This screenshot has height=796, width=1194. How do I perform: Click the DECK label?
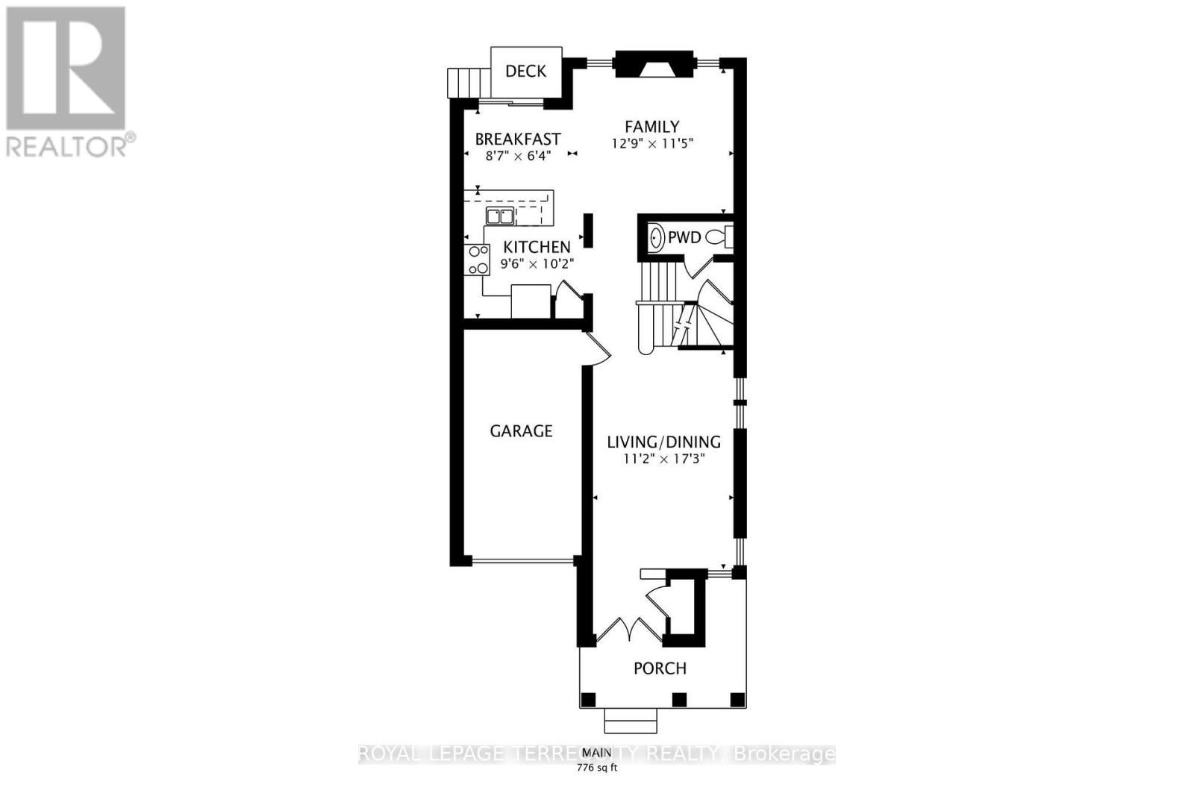[526, 71]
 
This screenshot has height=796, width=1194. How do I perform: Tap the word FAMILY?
[652, 127]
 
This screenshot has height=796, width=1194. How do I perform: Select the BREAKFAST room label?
[518, 140]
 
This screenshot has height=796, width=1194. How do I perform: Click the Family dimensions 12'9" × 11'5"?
[652, 144]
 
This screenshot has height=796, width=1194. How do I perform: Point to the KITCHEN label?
[537, 247]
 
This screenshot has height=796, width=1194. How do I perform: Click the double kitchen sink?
[500, 216]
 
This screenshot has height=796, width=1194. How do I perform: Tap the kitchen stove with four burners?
[478, 260]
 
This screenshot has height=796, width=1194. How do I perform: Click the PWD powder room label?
[684, 238]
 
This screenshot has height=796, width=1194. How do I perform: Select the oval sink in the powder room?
[656, 238]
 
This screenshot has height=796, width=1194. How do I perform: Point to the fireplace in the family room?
[654, 64]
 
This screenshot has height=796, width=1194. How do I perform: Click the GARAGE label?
[521, 431]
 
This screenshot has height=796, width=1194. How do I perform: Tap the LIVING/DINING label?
[663, 442]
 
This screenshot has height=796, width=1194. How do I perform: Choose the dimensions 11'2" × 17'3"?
[663, 459]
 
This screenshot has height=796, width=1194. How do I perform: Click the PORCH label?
[660, 668]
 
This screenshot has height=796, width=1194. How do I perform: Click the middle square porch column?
[679, 700]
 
